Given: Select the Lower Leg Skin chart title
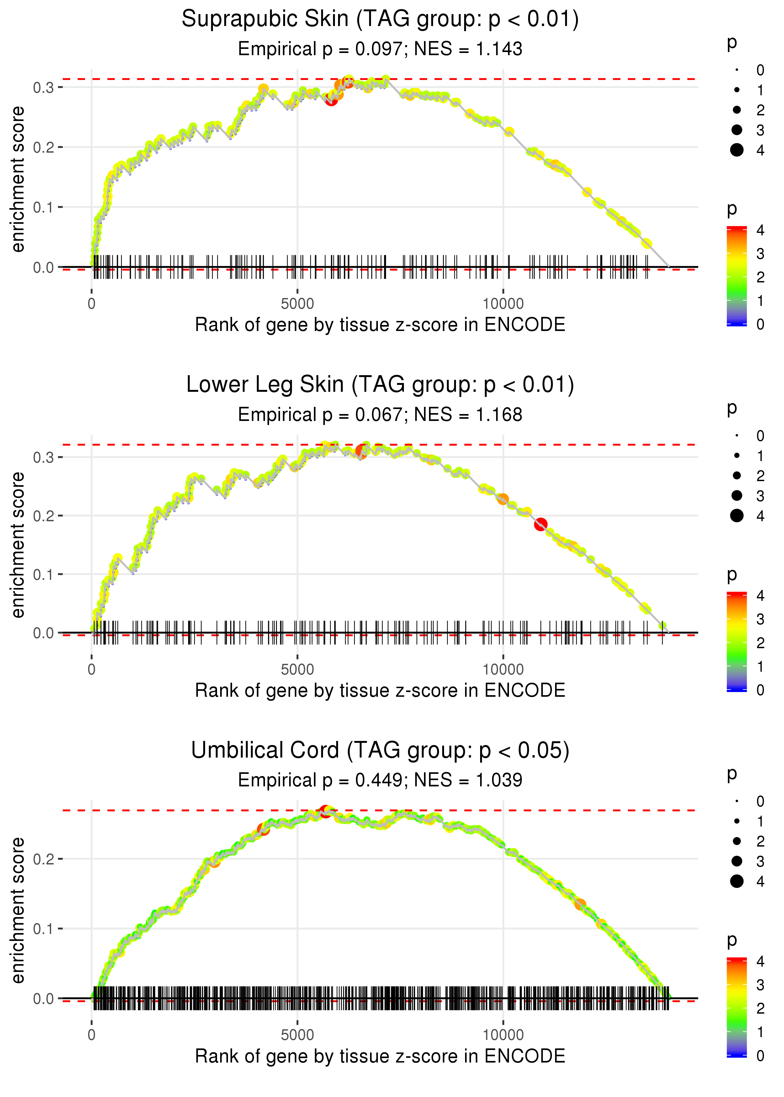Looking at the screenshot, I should [380, 385].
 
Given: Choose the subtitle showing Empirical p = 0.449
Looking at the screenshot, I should [380, 780].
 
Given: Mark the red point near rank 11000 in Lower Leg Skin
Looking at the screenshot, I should [541, 524].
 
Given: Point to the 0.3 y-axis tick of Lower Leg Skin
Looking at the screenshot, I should [44, 457].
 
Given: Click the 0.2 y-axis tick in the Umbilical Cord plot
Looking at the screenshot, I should [44, 859].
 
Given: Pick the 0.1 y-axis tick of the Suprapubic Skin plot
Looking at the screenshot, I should [44, 207].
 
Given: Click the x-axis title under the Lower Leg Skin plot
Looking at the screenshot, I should [380, 690].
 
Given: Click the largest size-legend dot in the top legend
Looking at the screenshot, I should [737, 150].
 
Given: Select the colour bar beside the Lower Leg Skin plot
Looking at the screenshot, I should [737, 642].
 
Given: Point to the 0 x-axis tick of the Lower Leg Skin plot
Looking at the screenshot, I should [92, 669].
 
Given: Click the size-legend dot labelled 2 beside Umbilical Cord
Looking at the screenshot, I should [737, 841].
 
